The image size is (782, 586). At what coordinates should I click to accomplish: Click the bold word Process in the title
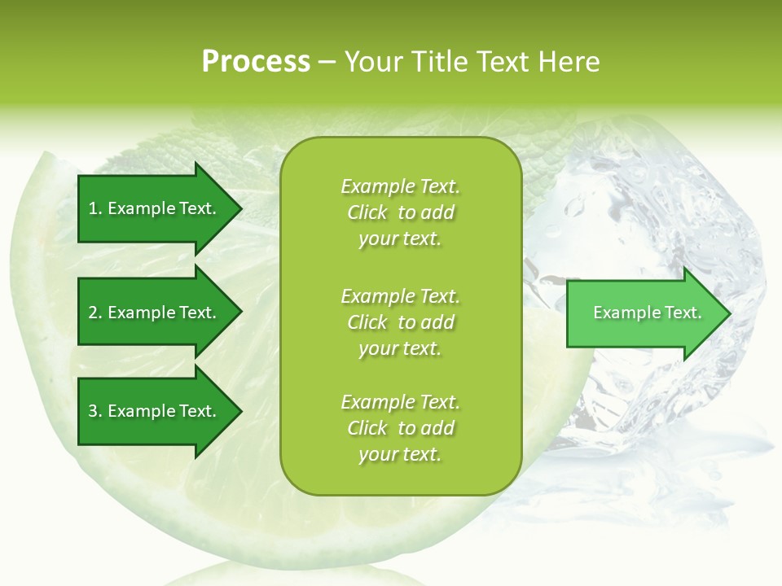click(256, 62)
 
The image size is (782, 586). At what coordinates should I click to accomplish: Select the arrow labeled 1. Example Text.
click(155, 208)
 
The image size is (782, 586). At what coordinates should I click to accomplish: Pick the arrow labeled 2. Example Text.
click(155, 313)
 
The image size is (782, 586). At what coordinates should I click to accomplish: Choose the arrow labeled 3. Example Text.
click(155, 411)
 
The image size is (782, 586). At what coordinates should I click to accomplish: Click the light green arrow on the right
click(644, 313)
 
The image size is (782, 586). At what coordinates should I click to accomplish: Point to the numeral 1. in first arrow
click(94, 208)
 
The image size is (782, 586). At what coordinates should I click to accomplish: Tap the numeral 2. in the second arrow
click(94, 313)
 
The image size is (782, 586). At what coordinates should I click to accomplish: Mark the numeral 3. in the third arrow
click(94, 411)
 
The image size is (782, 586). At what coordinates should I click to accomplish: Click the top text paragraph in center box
click(400, 212)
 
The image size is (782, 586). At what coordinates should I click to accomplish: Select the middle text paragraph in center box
click(400, 322)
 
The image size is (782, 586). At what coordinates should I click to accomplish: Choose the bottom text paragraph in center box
click(400, 428)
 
